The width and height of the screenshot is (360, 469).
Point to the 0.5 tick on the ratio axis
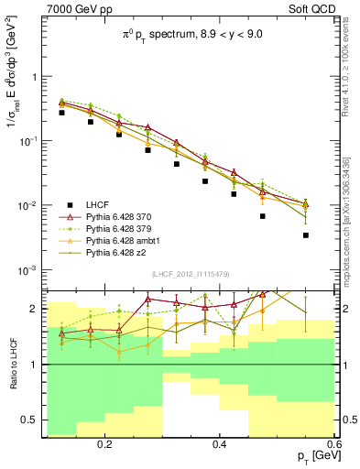click(x=34, y=420)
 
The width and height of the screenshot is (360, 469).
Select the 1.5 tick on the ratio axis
click(x=34, y=336)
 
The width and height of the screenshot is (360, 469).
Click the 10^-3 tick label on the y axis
click(x=29, y=270)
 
